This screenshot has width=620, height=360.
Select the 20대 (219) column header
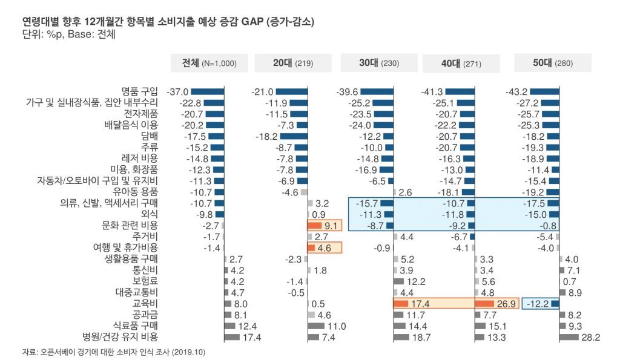[293, 63]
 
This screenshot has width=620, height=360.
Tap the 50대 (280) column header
[552, 63]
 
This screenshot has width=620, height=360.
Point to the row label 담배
[149, 136]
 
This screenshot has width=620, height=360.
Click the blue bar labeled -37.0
[208, 92]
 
